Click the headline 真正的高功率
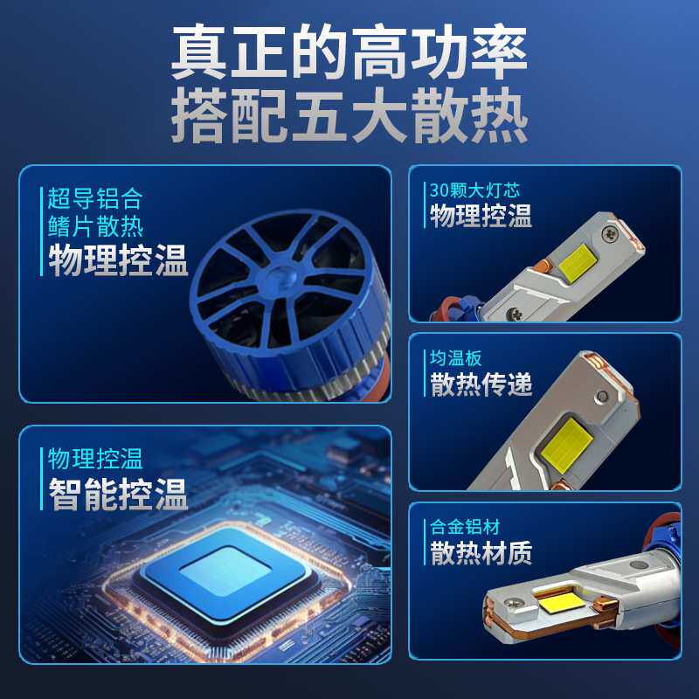click(349, 54)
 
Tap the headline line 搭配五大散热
click(349, 118)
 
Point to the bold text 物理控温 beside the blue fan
click(118, 260)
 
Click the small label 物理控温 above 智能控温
click(95, 458)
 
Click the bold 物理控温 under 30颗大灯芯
click(481, 216)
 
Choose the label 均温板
click(456, 358)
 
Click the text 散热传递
click(481, 384)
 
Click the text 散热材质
click(481, 553)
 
